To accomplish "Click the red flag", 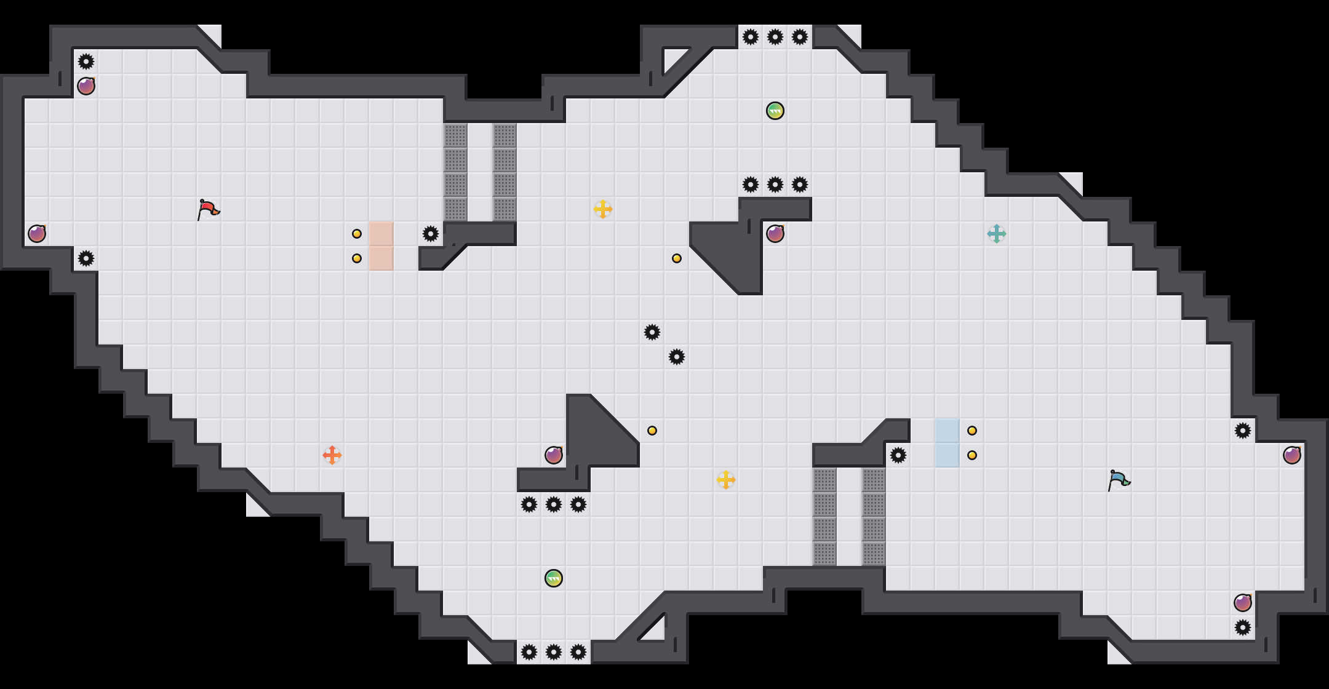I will pyautogui.click(x=208, y=209).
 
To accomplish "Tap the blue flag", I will pyautogui.click(x=1119, y=480).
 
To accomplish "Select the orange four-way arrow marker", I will pyautogui.click(x=332, y=455).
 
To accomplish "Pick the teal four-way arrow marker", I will pyautogui.click(x=997, y=234).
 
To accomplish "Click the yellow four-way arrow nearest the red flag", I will pyautogui.click(x=603, y=209).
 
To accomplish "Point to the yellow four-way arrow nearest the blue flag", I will pyautogui.click(x=726, y=480).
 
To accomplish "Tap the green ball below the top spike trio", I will pyautogui.click(x=775, y=111).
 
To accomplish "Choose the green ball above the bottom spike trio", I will pyautogui.click(x=554, y=578).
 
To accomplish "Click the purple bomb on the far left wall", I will pyautogui.click(x=37, y=234).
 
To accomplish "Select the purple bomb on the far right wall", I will pyautogui.click(x=1292, y=455).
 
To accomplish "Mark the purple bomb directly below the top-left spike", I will pyautogui.click(x=86, y=86).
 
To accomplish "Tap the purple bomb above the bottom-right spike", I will pyautogui.click(x=1243, y=603).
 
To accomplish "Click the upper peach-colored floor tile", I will pyautogui.click(x=381, y=234).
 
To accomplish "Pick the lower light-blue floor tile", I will pyautogui.click(x=948, y=455).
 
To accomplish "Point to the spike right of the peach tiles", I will pyautogui.click(x=431, y=234).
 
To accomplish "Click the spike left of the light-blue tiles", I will pyautogui.click(x=898, y=455).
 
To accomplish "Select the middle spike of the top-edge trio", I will pyautogui.click(x=775, y=37).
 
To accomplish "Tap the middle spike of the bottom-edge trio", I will pyautogui.click(x=554, y=652).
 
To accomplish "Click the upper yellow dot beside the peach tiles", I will pyautogui.click(x=357, y=234).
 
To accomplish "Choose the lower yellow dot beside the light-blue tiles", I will pyautogui.click(x=972, y=455).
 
